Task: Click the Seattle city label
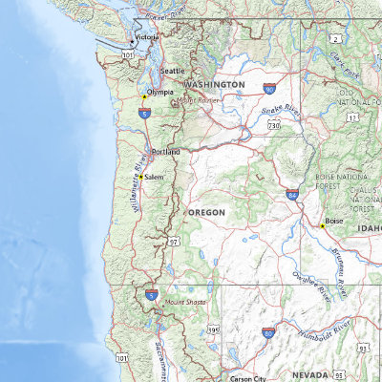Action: coord(173,71)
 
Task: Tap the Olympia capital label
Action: coord(160,93)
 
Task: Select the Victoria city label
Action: coord(147,37)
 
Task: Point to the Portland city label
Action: coord(165,152)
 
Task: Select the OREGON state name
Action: coord(207,211)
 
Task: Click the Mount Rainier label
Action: coord(198,99)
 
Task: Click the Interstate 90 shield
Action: coord(269,89)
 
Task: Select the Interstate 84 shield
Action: coord(291,194)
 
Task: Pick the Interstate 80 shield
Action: coord(268,332)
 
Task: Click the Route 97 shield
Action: coord(175,244)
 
